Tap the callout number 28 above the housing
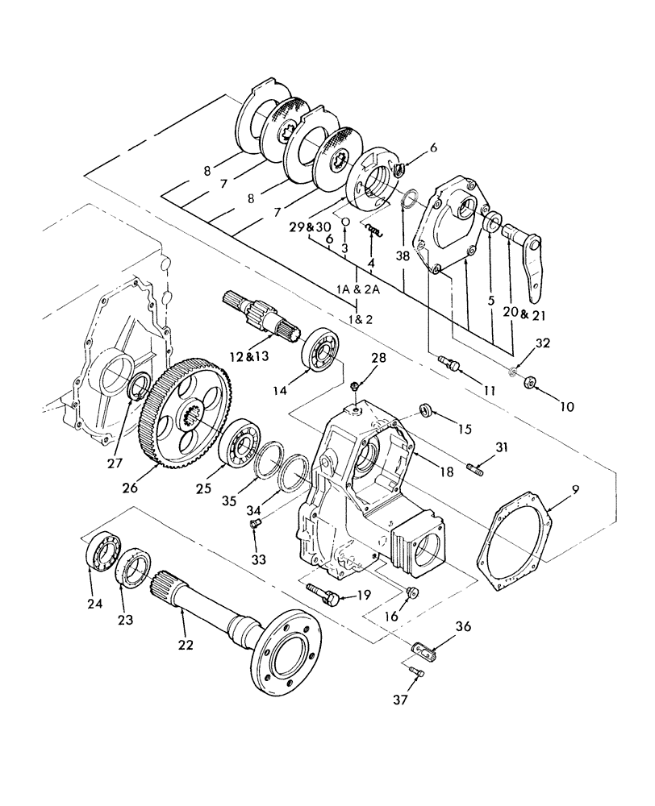(x=356, y=358)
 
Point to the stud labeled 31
(x=477, y=469)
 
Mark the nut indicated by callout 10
(x=530, y=380)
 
